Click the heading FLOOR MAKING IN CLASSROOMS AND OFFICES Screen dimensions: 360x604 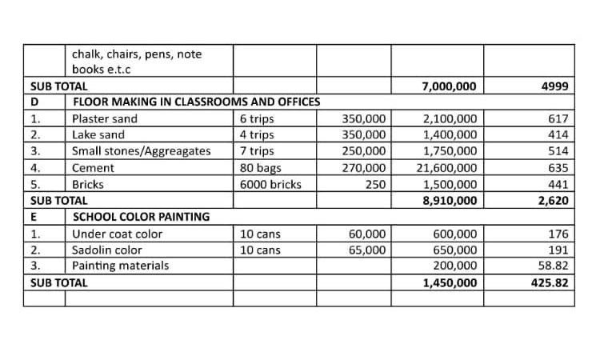197,102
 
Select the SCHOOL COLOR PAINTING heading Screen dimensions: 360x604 142,217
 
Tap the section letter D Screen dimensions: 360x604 34,102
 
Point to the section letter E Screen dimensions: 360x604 34,217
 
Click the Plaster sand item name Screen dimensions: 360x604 105,119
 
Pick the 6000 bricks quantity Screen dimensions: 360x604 270,184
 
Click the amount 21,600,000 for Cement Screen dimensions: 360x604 447,168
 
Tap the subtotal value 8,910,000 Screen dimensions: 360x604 450,201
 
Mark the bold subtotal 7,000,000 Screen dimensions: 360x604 450,86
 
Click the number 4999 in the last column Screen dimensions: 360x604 554,86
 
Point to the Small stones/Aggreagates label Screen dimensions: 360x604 142,151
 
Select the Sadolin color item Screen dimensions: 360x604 107,250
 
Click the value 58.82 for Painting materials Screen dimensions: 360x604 552,266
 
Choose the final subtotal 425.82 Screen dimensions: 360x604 549,282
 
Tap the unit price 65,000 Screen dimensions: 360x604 367,250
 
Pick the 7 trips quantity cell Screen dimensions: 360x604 257,151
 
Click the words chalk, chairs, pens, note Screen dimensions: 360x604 137,54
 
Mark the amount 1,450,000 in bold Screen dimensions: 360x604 450,282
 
